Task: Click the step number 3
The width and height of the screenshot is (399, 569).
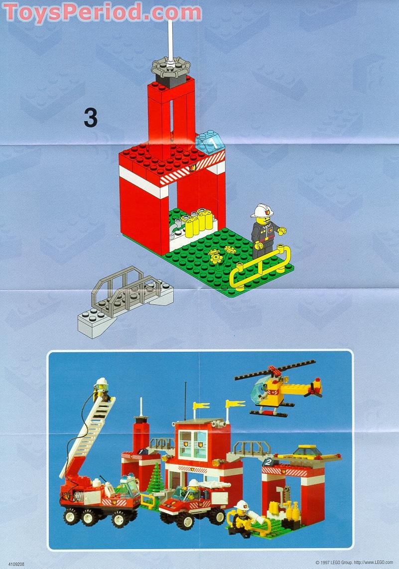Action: pos(90,118)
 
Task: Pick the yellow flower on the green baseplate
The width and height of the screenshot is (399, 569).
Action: pos(216,257)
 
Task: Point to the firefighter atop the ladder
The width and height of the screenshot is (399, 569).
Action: pos(102,390)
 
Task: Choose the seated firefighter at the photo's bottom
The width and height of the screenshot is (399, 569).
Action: pos(242,518)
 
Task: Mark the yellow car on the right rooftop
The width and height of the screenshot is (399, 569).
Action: pos(305,451)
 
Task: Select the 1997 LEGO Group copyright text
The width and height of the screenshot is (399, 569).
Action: pos(354,563)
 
